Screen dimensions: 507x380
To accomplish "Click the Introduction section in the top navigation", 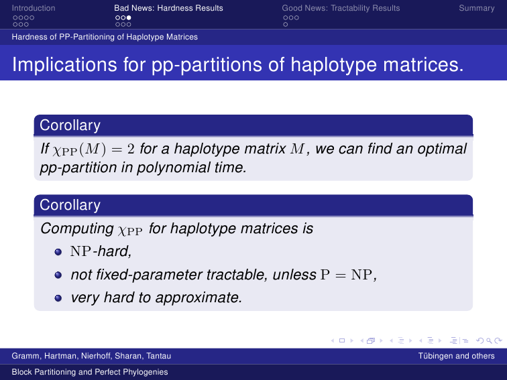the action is (x=34, y=8).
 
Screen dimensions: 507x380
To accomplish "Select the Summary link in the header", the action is (x=477, y=8).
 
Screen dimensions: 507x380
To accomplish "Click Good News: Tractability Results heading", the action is (x=341, y=8).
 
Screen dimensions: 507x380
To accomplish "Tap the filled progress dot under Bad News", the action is (x=129, y=18).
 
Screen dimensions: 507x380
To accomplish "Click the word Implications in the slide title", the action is (x=64, y=64).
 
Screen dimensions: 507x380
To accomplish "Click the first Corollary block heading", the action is (x=70, y=125).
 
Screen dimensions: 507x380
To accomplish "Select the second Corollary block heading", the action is (x=70, y=205).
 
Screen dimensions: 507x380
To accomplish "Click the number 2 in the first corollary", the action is (x=131, y=149).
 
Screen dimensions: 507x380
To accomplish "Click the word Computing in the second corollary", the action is (x=77, y=229).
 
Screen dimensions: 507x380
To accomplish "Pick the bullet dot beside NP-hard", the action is (x=58, y=252).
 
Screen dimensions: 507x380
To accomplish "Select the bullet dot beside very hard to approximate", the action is (x=58, y=298).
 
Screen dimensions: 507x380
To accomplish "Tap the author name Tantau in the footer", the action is (x=158, y=356).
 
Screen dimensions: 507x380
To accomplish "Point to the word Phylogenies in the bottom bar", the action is (x=150, y=372).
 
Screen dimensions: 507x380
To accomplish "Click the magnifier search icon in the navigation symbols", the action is (x=489, y=340).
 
